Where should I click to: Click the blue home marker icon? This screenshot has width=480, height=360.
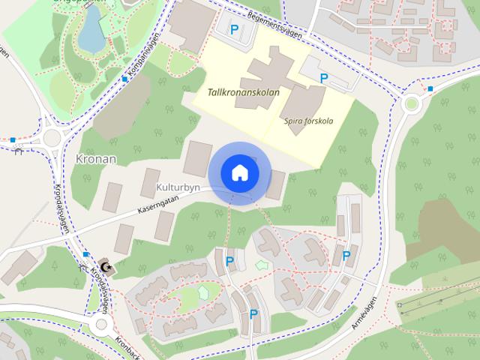tap(239, 172)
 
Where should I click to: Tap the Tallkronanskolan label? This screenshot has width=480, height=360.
tap(244, 93)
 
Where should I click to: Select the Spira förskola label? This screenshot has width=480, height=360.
tap(308, 120)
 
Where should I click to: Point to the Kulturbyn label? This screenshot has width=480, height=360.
tap(178, 187)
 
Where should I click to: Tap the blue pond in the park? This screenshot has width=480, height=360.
tap(91, 29)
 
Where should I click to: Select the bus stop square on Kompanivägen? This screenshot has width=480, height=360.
tap(124, 79)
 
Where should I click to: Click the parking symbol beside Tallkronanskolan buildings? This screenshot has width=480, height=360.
tap(324, 78)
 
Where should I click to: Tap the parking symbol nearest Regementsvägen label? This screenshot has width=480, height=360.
tap(234, 30)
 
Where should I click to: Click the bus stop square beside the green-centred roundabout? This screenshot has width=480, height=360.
tap(430, 89)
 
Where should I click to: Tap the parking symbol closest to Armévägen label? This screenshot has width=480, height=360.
tap(346, 256)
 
